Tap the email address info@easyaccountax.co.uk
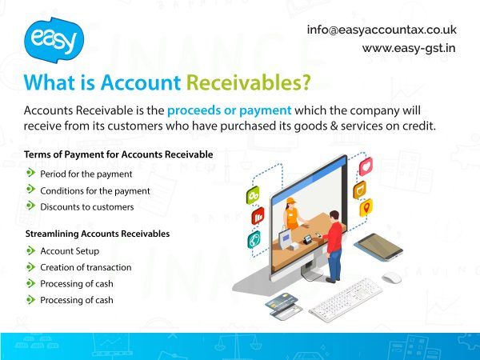point(382,29)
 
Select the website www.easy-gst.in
point(409,48)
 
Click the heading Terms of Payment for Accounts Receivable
point(118,154)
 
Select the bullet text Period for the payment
point(86,173)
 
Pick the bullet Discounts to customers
point(86,206)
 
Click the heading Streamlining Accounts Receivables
point(98,234)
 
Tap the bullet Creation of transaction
point(86,267)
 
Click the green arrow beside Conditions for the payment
point(30,190)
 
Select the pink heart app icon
point(366,166)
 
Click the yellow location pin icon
point(366,208)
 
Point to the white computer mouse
point(390,278)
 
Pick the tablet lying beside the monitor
point(378,246)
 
